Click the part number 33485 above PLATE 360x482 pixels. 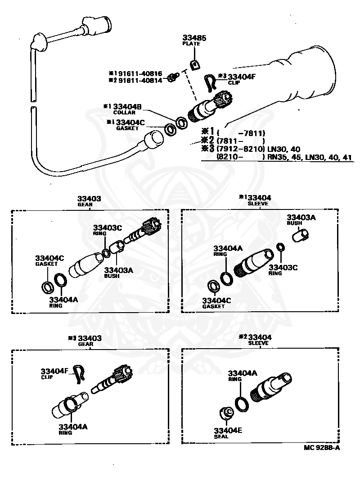click(x=194, y=38)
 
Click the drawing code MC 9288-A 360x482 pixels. click(x=322, y=447)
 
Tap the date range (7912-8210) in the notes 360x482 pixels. click(x=238, y=149)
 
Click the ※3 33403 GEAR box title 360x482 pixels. click(x=85, y=340)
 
